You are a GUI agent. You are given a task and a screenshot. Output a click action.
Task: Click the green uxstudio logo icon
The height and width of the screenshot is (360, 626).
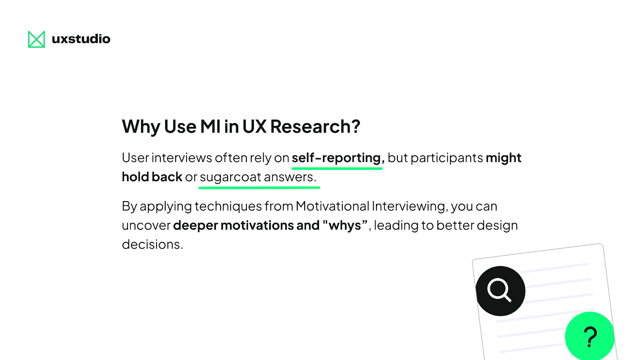click(x=36, y=39)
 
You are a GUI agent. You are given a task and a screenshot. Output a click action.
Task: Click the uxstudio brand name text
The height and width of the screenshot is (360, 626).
click(x=81, y=39)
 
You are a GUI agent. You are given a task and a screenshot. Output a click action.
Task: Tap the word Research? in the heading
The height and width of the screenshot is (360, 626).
click(x=315, y=127)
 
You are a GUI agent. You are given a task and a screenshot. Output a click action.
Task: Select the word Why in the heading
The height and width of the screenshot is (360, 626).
click(x=141, y=127)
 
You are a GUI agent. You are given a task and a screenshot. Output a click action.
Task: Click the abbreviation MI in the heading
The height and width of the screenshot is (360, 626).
click(x=210, y=127)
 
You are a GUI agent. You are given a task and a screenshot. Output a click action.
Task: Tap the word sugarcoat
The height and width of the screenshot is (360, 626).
click(x=230, y=177)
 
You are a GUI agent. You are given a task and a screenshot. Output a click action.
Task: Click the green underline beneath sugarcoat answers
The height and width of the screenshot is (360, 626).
click(x=259, y=188)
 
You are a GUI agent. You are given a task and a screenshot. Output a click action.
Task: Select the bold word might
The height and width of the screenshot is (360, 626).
click(x=504, y=158)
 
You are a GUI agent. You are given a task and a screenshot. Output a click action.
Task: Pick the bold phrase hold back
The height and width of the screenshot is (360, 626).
click(x=152, y=177)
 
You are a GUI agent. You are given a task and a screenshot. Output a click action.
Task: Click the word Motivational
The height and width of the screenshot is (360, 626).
click(x=333, y=206)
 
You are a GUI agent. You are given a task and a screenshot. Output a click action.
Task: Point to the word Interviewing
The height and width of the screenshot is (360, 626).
click(x=409, y=206)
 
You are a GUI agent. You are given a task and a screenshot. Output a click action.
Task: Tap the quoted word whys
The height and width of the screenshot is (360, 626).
click(x=345, y=226)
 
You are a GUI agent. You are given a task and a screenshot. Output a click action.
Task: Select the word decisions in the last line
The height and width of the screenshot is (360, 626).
click(x=152, y=245)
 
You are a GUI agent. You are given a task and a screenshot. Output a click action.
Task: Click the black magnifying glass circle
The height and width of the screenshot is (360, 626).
click(x=500, y=291)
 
